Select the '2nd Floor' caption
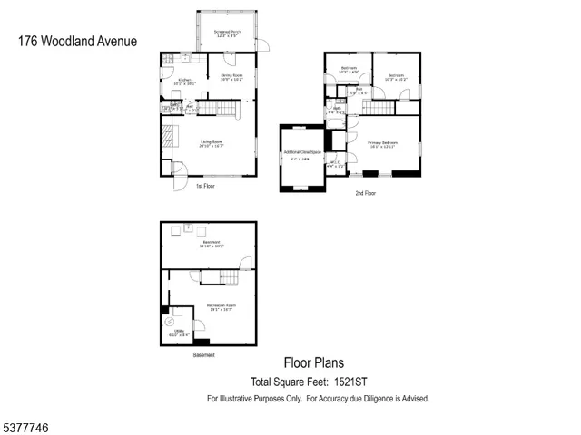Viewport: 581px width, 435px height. click(365, 193)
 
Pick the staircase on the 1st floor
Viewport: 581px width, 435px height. click(218, 110)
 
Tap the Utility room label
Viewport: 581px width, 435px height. click(179, 333)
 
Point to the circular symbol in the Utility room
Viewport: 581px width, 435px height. click(168, 322)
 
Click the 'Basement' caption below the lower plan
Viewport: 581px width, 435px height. click(204, 354)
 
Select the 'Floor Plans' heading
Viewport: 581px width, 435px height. click(313, 363)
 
